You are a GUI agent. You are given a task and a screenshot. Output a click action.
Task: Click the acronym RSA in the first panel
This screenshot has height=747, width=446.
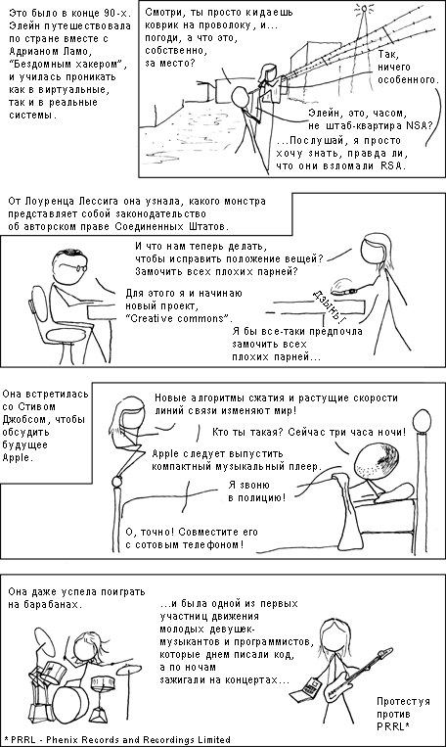click(392, 165)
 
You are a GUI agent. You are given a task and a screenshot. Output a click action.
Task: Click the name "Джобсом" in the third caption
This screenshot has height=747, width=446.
click(23, 420)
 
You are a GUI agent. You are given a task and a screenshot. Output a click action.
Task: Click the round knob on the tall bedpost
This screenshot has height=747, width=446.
click(421, 421)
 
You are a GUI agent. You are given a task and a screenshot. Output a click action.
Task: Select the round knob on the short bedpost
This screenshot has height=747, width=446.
click(117, 484)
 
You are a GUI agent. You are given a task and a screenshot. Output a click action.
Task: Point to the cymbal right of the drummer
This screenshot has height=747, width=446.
click(129, 670)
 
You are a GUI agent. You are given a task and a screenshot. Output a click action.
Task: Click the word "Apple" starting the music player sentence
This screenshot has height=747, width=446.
click(165, 453)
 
